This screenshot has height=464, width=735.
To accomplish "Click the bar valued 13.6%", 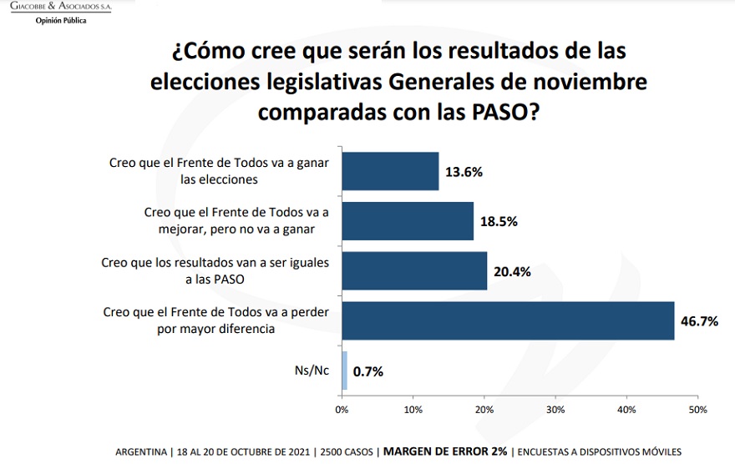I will tap(390, 171).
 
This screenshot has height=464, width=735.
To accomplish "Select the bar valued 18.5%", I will tap(408, 220).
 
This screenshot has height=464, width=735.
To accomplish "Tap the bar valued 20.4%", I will tap(414, 270).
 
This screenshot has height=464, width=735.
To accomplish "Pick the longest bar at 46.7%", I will tap(508, 320).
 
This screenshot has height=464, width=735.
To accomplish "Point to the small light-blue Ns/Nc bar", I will tap(344, 371).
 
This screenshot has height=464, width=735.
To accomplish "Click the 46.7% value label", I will tap(700, 321).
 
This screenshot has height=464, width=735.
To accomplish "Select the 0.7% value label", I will tap(367, 371).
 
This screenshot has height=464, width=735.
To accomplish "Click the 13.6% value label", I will tap(464, 172).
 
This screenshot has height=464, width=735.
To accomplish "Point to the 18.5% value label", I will tap(499, 222).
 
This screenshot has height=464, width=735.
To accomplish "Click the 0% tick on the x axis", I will tap(342, 410).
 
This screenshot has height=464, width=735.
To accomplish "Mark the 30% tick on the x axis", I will tap(555, 410).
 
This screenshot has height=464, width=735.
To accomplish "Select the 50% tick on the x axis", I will tap(697, 410).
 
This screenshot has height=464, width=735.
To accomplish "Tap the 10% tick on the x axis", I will tap(413, 410).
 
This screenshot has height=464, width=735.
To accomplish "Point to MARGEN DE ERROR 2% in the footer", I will tap(445, 451).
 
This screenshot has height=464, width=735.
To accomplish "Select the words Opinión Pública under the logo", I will tap(60, 20).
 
